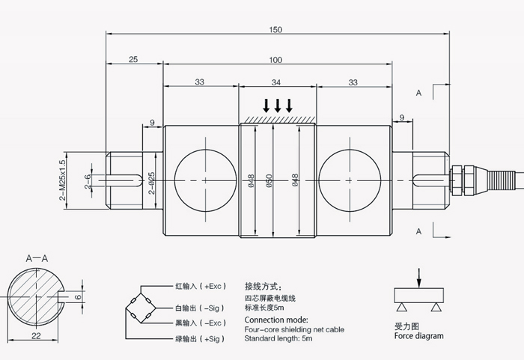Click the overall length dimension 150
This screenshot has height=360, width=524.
[x=276, y=29]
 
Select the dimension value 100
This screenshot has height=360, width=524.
[x=276, y=59]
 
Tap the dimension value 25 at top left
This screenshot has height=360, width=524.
[x=133, y=59]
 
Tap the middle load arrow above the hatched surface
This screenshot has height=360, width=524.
[x=278, y=104]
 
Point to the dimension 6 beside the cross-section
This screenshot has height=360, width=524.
[x=77, y=297]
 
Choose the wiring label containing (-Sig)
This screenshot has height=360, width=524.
[x=198, y=308]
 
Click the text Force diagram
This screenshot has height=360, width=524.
[x=418, y=336]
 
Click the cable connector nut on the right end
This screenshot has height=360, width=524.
[x=454, y=180]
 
